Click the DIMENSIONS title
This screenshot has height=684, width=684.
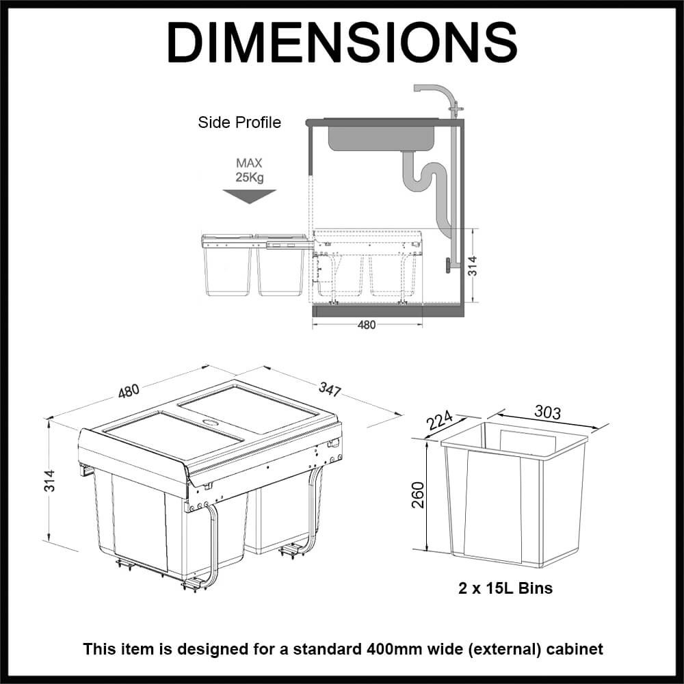coord(341,42)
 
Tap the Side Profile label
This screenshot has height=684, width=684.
coord(239,123)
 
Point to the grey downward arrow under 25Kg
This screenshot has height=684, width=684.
coord(250,195)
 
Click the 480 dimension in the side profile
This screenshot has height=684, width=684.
coord(367,325)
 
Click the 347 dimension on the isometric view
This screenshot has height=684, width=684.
coord(330,390)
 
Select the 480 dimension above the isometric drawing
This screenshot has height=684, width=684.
coord(129,391)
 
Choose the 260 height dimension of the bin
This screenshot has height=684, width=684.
coord(418,494)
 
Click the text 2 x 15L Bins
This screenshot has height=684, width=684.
coord(505,588)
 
